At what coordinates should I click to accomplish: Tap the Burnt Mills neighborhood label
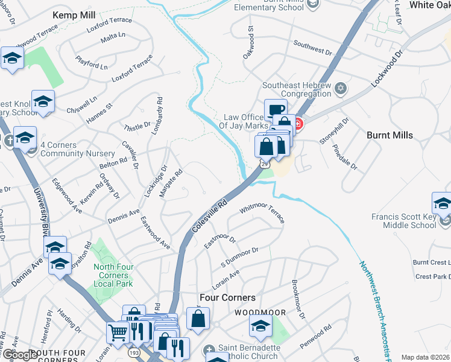389,135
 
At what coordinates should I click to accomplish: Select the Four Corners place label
227,298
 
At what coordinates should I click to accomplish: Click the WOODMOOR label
258,312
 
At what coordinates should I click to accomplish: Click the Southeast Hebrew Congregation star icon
340,89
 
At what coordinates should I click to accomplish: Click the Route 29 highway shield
265,163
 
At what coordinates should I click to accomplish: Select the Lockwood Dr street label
386,71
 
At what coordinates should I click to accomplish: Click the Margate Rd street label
170,183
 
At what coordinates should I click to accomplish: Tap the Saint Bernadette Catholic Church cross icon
209,349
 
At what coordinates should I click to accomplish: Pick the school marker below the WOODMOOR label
260,328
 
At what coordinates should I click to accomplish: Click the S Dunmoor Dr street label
240,258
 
